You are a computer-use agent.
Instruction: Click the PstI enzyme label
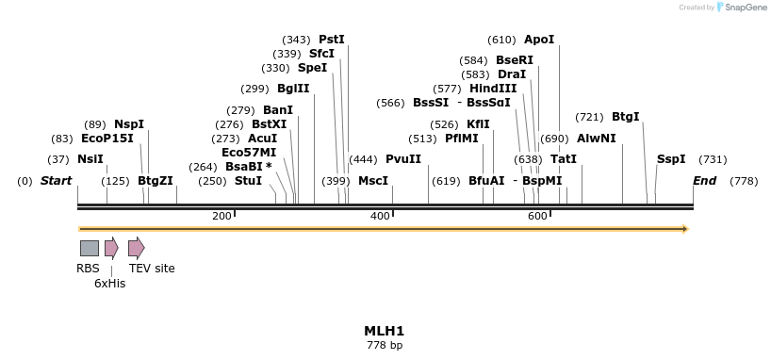(332, 40)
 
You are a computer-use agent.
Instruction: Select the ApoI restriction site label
(539, 40)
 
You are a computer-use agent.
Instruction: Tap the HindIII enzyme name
(493, 89)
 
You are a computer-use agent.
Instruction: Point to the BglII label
(293, 89)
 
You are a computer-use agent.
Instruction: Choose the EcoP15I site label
(107, 139)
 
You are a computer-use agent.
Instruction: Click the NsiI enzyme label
(90, 159)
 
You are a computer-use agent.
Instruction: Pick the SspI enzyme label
(671, 159)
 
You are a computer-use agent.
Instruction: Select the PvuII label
(403, 159)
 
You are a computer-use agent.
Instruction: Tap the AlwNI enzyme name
(597, 139)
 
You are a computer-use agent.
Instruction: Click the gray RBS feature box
(90, 248)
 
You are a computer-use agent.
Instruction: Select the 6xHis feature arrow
(111, 248)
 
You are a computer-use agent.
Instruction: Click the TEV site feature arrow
(136, 248)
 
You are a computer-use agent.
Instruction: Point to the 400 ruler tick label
(380, 217)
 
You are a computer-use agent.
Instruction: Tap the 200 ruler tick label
(221, 217)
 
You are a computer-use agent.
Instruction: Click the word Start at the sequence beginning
(56, 180)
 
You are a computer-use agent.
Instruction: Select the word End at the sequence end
(705, 180)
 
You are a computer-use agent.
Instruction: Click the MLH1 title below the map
(384, 331)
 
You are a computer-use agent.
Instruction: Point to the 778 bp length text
(384, 346)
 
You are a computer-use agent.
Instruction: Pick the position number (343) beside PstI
(297, 40)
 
